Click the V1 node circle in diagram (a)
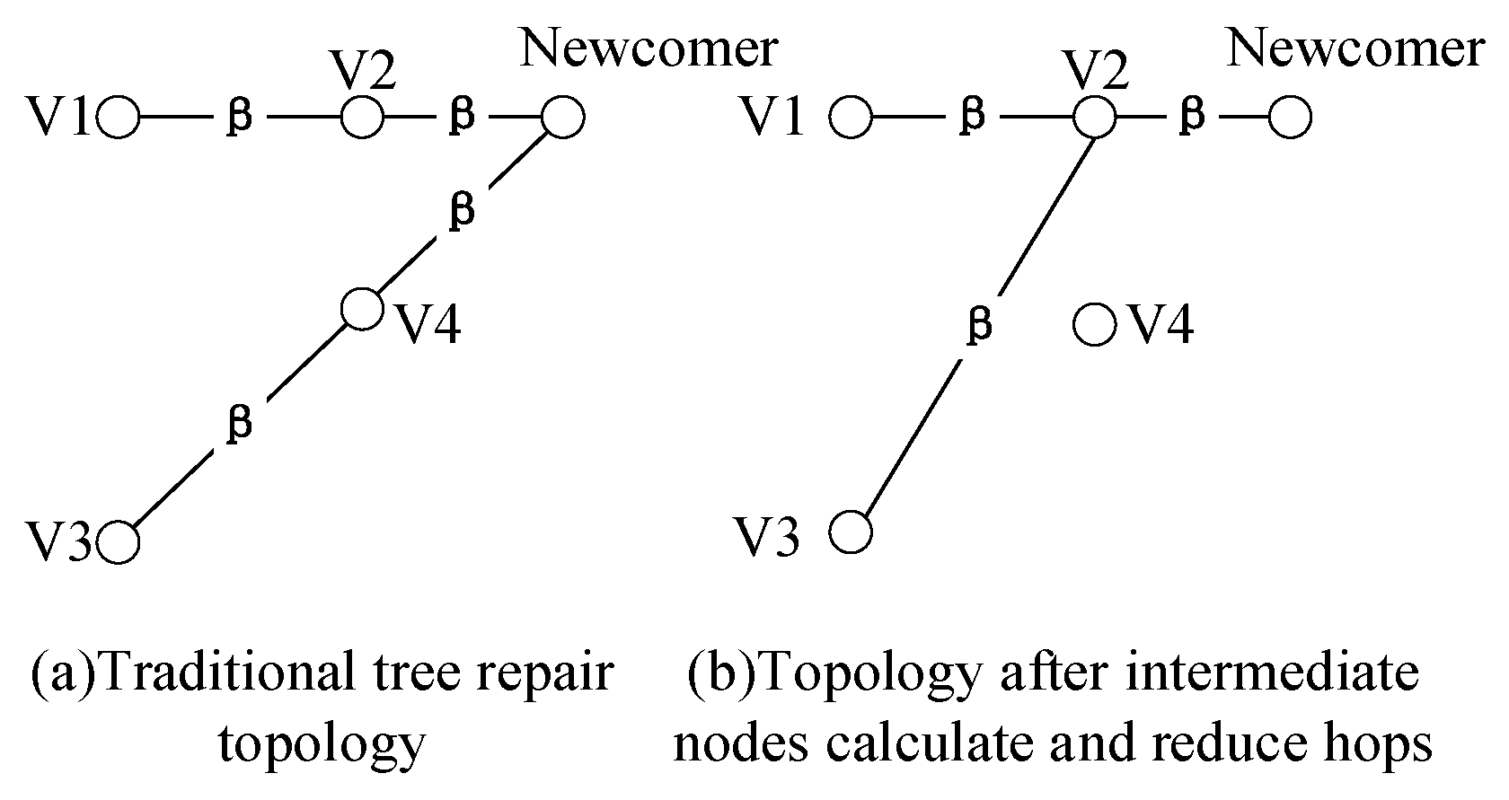click(x=119, y=117)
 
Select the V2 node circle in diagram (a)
click(x=362, y=117)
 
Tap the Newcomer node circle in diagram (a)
click(x=563, y=117)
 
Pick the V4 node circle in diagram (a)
click(x=363, y=309)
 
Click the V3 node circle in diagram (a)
click(x=119, y=542)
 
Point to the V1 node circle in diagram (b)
click(x=851, y=118)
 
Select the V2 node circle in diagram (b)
click(x=1095, y=118)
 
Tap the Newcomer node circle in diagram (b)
click(x=1290, y=118)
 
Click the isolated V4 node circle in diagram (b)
click(x=1095, y=324)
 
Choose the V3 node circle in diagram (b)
click(x=850, y=532)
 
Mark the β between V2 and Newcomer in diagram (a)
click(x=461, y=117)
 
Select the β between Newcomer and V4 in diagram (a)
click(x=461, y=212)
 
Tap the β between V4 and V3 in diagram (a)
click(x=239, y=423)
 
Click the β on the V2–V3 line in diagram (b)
click(x=979, y=325)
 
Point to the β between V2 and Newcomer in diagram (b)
click(x=1192, y=117)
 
